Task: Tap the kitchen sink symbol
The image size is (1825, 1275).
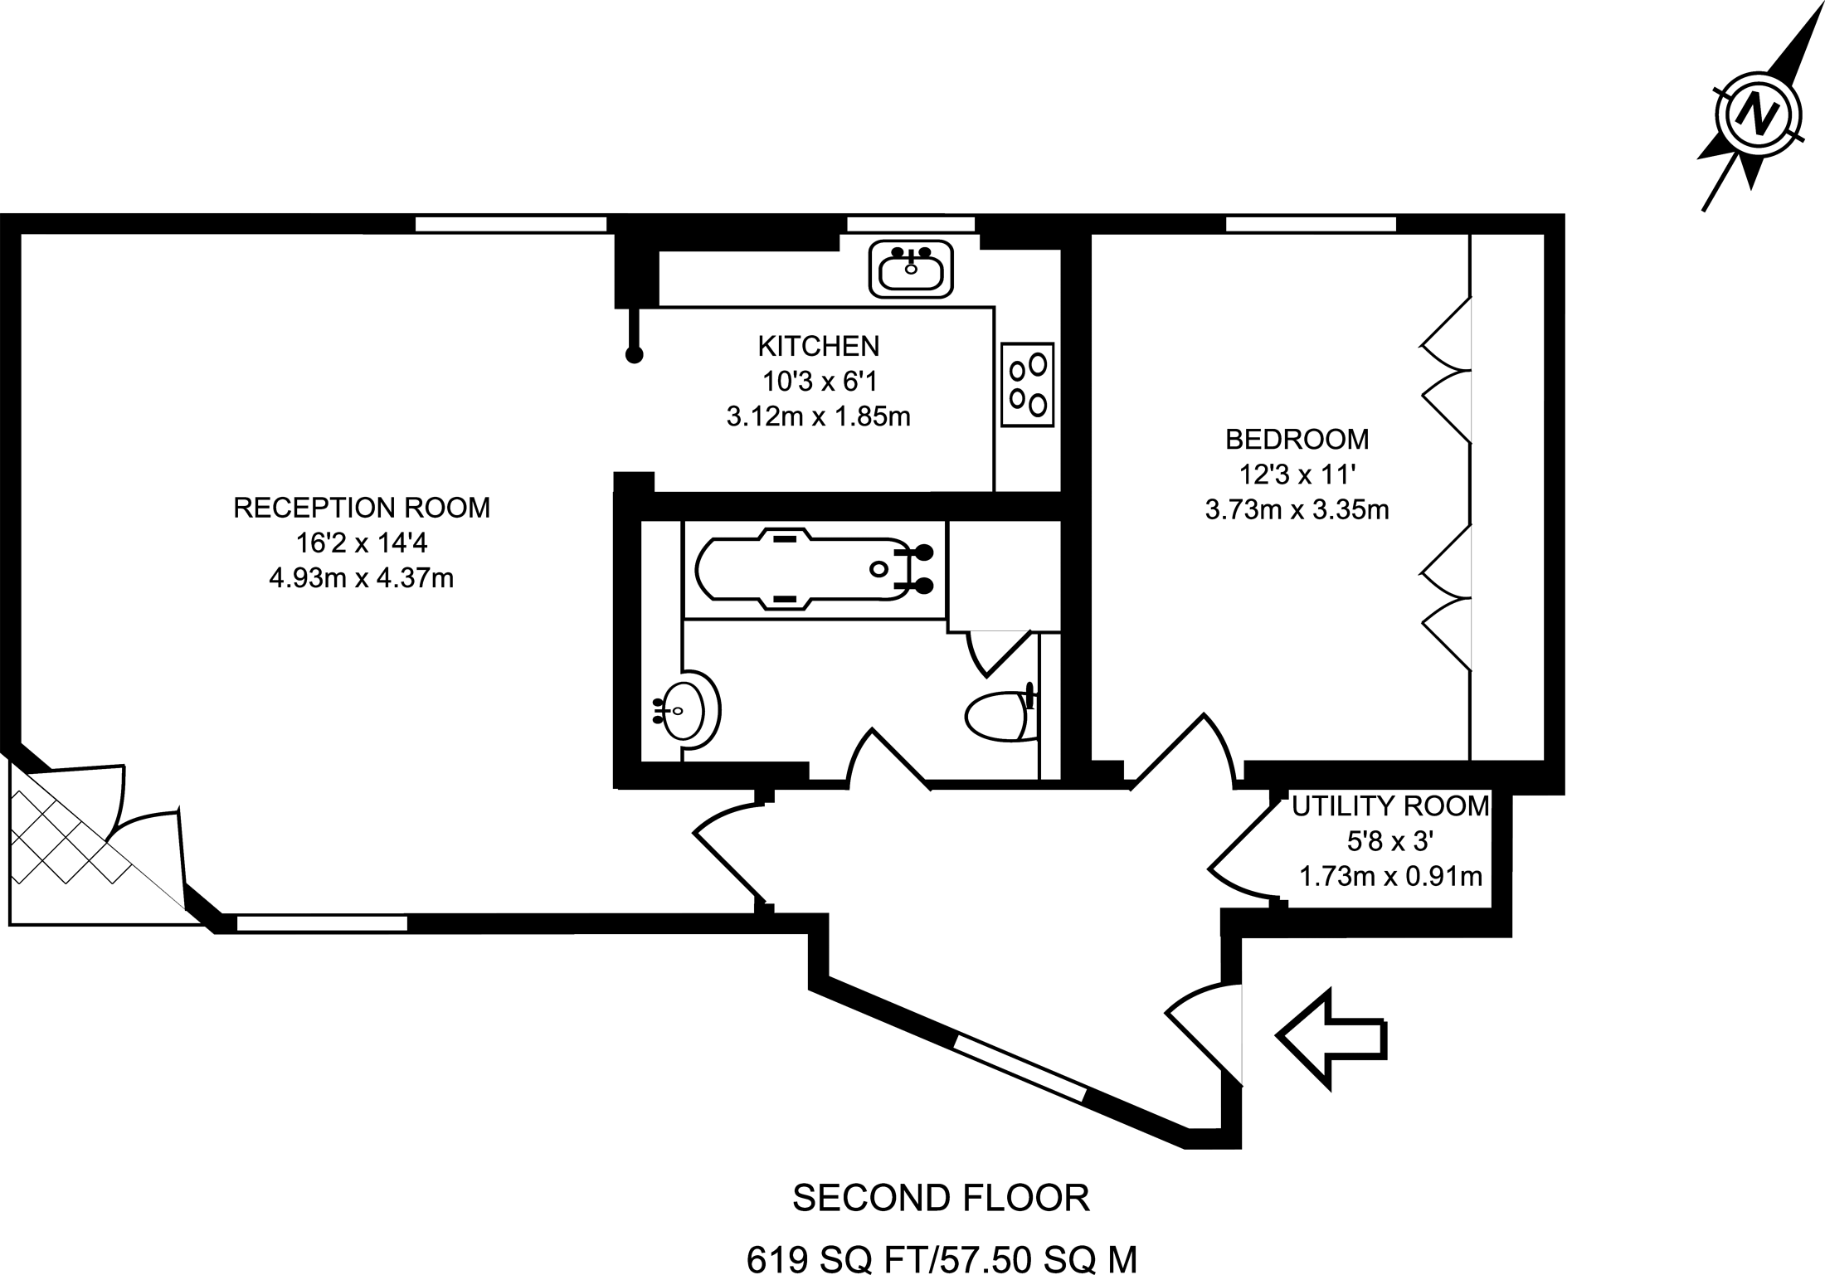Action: tap(911, 269)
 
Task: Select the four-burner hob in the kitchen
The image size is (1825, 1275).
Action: tap(1027, 385)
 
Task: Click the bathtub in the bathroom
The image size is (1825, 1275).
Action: tap(813, 569)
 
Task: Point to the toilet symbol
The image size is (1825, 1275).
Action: tap(1000, 717)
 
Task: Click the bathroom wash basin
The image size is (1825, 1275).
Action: tap(689, 710)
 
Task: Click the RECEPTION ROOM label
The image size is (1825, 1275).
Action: tap(362, 507)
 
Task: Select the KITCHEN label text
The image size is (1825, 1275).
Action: tap(818, 345)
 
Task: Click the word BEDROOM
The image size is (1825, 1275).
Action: tap(1297, 438)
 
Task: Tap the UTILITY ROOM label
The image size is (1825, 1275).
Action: tap(1390, 805)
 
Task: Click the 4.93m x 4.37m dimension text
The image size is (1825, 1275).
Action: tap(362, 577)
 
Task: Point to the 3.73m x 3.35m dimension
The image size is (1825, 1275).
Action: tap(1297, 509)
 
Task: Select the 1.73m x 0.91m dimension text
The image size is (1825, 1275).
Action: tap(1390, 876)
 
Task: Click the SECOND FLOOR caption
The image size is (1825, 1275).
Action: tap(941, 1198)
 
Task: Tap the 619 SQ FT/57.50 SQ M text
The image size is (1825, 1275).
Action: tap(941, 1258)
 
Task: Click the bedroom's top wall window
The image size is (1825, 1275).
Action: tap(1311, 224)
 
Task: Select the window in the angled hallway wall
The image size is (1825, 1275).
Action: tap(1020, 1067)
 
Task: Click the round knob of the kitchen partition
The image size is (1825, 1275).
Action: tap(634, 356)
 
